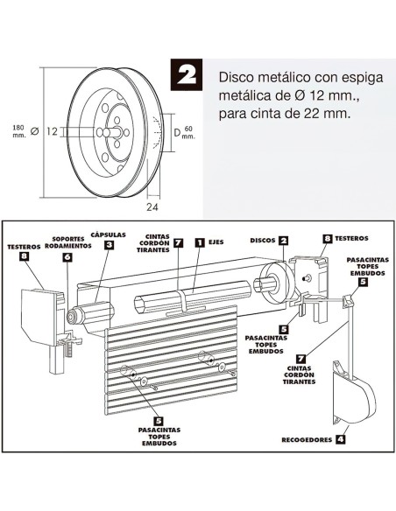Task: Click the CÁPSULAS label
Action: [x=108, y=234]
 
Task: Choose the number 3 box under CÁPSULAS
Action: [x=108, y=246]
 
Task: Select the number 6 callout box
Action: [x=67, y=257]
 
